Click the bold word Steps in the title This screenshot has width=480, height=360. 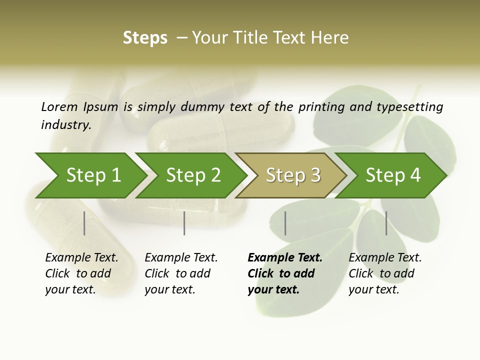pos(145,38)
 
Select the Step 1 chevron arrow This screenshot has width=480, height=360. pos(90,175)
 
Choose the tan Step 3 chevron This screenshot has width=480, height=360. pos(291,175)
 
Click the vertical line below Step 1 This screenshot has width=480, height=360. pos(84,223)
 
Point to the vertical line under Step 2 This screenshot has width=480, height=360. pos(184,223)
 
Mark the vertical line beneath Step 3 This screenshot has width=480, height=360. pos(285,223)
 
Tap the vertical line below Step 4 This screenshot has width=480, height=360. pos(386,223)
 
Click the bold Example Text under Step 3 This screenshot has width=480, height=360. pos(285,258)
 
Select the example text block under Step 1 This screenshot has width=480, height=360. pos(81,273)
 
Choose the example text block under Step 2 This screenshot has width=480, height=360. pos(181,273)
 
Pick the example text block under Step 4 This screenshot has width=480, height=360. pos(385,273)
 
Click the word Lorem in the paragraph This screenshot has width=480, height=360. pos(59,106)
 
